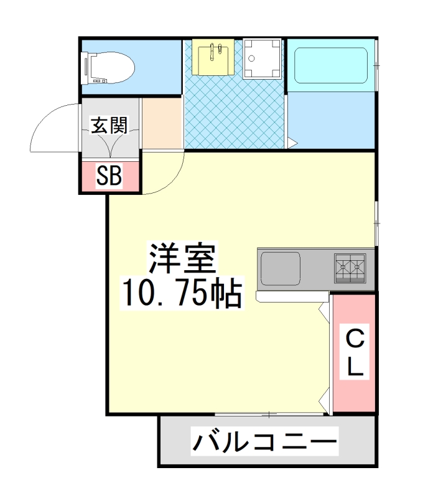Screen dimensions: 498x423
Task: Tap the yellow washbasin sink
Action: click(x=212, y=57)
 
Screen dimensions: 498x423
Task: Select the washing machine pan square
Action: click(x=261, y=59)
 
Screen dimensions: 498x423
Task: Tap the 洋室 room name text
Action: click(x=181, y=259)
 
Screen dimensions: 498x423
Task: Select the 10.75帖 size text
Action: click(x=181, y=294)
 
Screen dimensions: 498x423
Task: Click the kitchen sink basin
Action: click(x=280, y=268)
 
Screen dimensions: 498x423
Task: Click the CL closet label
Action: click(x=354, y=353)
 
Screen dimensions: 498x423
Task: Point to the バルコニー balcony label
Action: click(x=264, y=443)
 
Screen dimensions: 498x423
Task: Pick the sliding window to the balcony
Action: click(x=269, y=414)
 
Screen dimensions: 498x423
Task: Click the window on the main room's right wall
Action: click(x=376, y=223)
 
